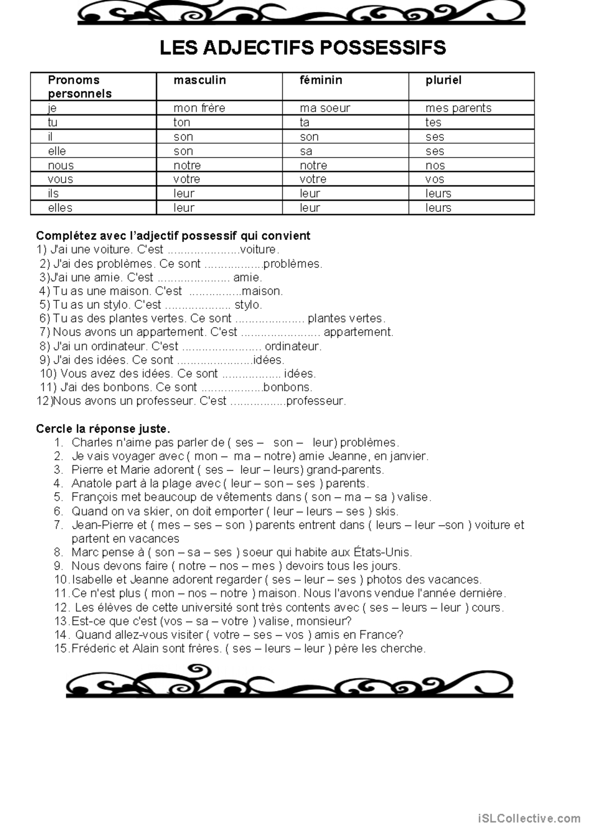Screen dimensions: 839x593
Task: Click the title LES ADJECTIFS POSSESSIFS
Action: [x=302, y=48]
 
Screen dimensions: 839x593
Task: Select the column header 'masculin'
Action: [x=200, y=80]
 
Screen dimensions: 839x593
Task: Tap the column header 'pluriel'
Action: [x=443, y=80]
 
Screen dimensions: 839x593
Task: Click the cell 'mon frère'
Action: [x=199, y=108]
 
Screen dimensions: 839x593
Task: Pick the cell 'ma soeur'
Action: [x=325, y=108]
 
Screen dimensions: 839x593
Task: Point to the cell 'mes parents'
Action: [x=458, y=108]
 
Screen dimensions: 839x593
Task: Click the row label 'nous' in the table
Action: [x=61, y=166]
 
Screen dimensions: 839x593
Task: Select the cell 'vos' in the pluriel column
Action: [x=435, y=179]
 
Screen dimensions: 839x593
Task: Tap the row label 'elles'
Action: [x=60, y=208]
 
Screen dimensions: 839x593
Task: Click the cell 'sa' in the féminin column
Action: [x=306, y=151]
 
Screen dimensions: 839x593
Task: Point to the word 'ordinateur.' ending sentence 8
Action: [x=293, y=346]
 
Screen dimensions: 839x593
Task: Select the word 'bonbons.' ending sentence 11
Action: [x=288, y=387]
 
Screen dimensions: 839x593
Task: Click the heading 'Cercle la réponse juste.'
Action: [x=103, y=428]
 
